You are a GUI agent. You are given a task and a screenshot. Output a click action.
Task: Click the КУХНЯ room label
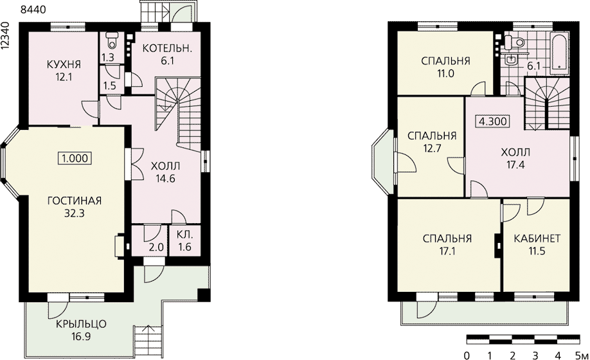[64, 64]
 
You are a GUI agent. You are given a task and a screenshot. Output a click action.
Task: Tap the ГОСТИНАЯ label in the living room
[75, 201]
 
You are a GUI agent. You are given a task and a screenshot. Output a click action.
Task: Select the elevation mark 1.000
[75, 158]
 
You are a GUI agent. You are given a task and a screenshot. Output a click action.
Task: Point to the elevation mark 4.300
[494, 122]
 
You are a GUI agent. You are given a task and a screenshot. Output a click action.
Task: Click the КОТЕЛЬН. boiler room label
[168, 48]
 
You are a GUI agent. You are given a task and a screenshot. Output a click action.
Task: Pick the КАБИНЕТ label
[537, 239]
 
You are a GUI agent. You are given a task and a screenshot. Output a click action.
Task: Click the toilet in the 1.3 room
[112, 40]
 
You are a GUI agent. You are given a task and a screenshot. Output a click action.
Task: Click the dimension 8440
[33, 10]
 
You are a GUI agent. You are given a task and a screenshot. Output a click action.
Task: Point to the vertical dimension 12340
[5, 35]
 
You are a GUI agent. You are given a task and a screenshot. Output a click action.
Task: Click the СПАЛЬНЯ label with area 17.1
[447, 239]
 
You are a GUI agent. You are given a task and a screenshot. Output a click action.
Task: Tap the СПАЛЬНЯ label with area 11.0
[445, 61]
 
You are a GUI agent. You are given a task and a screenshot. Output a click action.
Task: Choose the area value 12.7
[432, 148]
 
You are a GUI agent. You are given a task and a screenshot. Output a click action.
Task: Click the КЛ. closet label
[184, 235]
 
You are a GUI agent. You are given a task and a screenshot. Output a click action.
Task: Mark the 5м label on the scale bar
[581, 355]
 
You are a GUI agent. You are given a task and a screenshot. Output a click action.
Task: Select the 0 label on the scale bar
[467, 355]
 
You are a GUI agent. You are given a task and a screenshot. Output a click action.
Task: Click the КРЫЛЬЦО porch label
[81, 323]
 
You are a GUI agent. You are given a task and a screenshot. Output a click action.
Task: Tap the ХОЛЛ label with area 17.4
[515, 152]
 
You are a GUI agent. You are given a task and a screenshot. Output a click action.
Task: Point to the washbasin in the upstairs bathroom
[511, 60]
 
